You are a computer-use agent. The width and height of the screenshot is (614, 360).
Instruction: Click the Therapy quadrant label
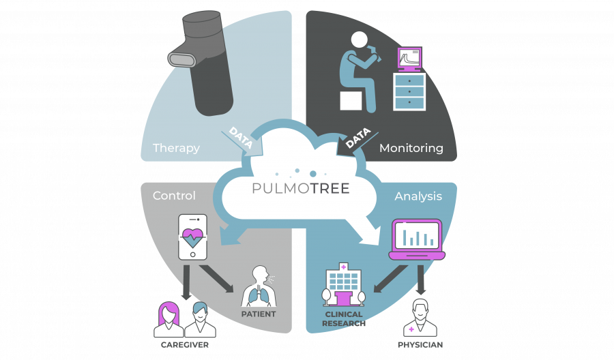[176, 148]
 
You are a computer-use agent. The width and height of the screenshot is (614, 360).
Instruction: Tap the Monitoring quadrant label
[411, 148]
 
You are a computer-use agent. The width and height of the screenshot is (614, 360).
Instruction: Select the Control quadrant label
[174, 196]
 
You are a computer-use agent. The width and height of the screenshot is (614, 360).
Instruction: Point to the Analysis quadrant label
[418, 196]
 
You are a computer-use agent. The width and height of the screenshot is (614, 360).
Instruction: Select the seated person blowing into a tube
[357, 68]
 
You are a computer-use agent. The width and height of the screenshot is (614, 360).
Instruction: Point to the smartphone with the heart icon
[192, 237]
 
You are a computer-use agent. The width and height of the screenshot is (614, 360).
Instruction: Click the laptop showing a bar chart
[417, 239]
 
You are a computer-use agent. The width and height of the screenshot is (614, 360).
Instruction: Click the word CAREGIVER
[184, 345]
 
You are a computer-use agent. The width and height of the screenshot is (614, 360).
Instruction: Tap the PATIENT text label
[258, 314]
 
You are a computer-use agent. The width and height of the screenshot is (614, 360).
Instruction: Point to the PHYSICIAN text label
[421, 345]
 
